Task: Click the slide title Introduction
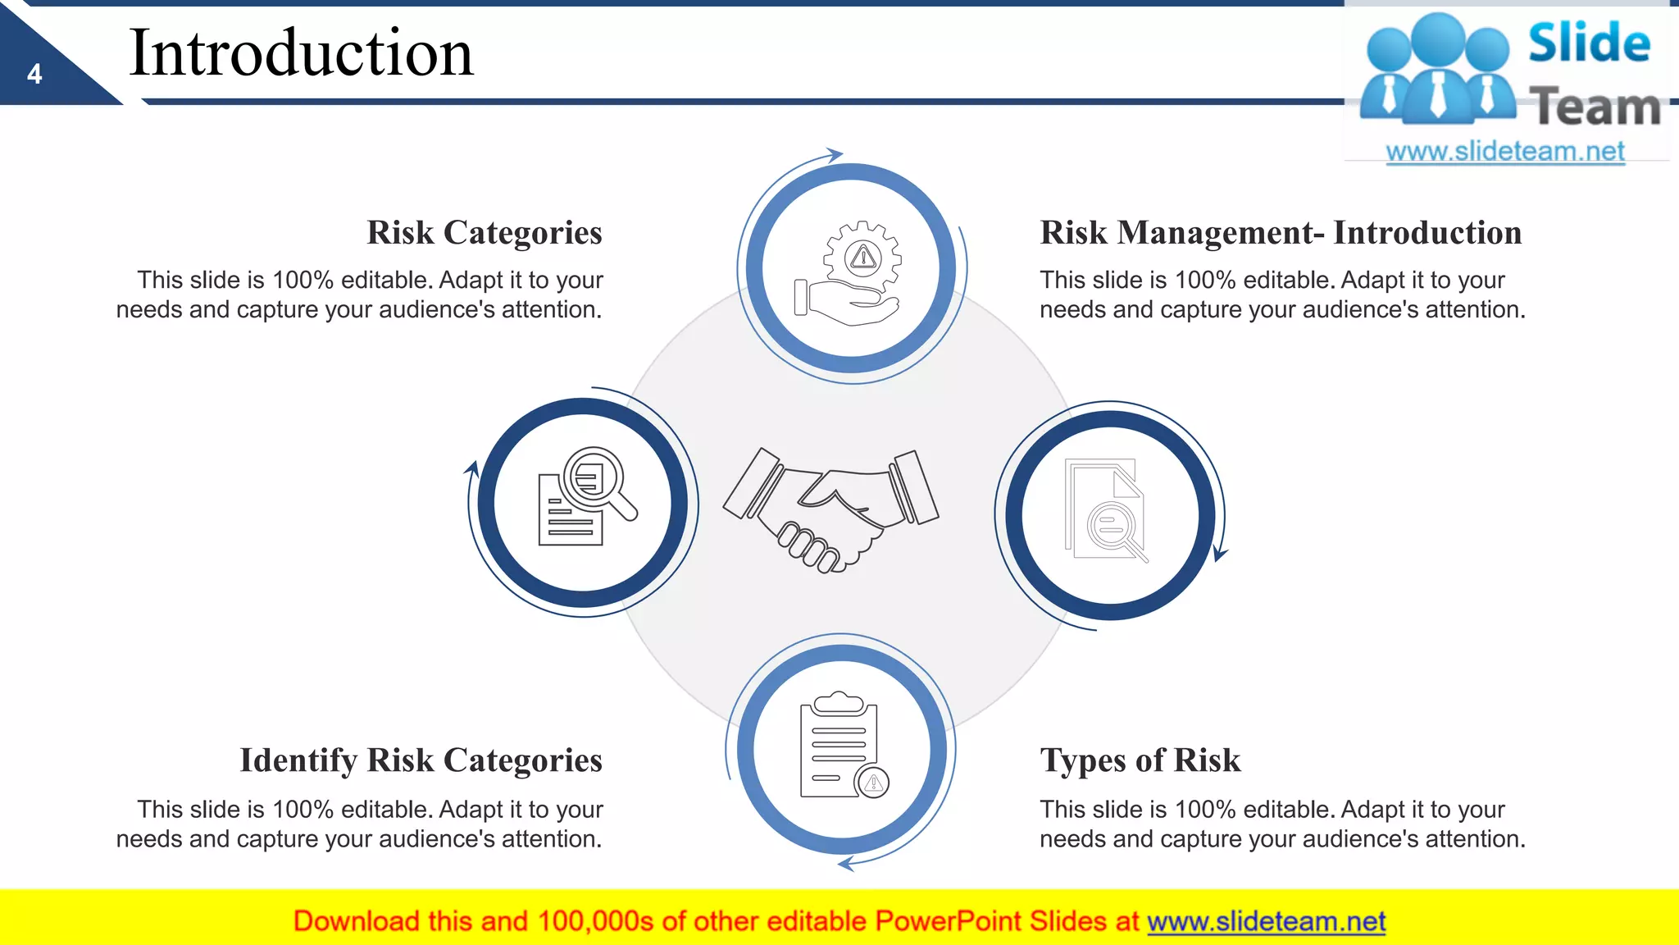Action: click(x=301, y=53)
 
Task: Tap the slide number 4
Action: click(x=34, y=75)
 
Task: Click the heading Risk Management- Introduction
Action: click(x=1281, y=233)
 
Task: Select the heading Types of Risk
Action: click(x=1140, y=760)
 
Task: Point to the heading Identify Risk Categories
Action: click(x=421, y=760)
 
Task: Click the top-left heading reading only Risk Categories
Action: click(x=484, y=233)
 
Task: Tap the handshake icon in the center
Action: click(x=830, y=509)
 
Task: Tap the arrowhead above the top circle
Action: click(x=835, y=154)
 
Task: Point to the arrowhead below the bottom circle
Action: click(x=846, y=863)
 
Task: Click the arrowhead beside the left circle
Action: click(x=472, y=469)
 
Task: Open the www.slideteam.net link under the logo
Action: click(x=1504, y=152)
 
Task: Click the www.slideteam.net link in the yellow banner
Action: click(x=1266, y=921)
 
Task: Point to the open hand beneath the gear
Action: click(x=849, y=305)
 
